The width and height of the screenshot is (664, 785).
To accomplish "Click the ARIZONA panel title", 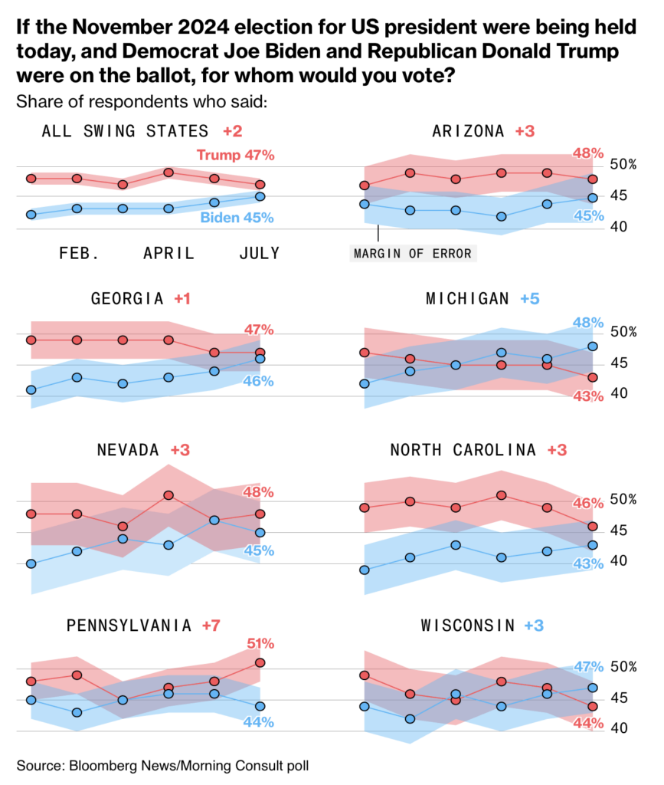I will pyautogui.click(x=468, y=131).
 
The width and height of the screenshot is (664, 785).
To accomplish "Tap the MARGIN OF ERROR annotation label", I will pyautogui.click(x=413, y=253).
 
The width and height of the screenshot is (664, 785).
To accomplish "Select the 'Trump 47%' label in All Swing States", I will pyautogui.click(x=235, y=156).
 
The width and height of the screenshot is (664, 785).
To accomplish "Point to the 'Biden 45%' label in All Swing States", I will pyautogui.click(x=237, y=218).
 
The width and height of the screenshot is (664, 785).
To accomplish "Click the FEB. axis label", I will pyautogui.click(x=79, y=253).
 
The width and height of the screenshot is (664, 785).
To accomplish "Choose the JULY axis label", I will pyautogui.click(x=259, y=253).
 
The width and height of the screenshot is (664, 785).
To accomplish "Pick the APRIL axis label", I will pyautogui.click(x=168, y=253).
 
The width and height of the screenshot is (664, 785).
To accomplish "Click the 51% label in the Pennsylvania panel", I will pyautogui.click(x=259, y=644).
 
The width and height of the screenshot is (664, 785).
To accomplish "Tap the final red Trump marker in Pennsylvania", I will pyautogui.click(x=260, y=662).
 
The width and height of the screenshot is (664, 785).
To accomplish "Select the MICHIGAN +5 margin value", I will pyautogui.click(x=529, y=298).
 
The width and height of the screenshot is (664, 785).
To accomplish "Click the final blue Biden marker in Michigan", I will pyautogui.click(x=593, y=346).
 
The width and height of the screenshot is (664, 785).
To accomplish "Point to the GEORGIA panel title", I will pyautogui.click(x=127, y=298).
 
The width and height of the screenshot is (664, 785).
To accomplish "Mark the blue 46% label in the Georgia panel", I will pyautogui.click(x=259, y=381).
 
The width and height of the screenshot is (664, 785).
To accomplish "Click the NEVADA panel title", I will pyautogui.click(x=128, y=449).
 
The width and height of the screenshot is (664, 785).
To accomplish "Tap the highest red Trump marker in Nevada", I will pyautogui.click(x=168, y=495).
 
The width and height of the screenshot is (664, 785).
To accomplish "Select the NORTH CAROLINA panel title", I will pyautogui.click(x=463, y=450).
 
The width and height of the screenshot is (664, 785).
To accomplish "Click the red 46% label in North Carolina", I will pyautogui.click(x=588, y=504).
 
